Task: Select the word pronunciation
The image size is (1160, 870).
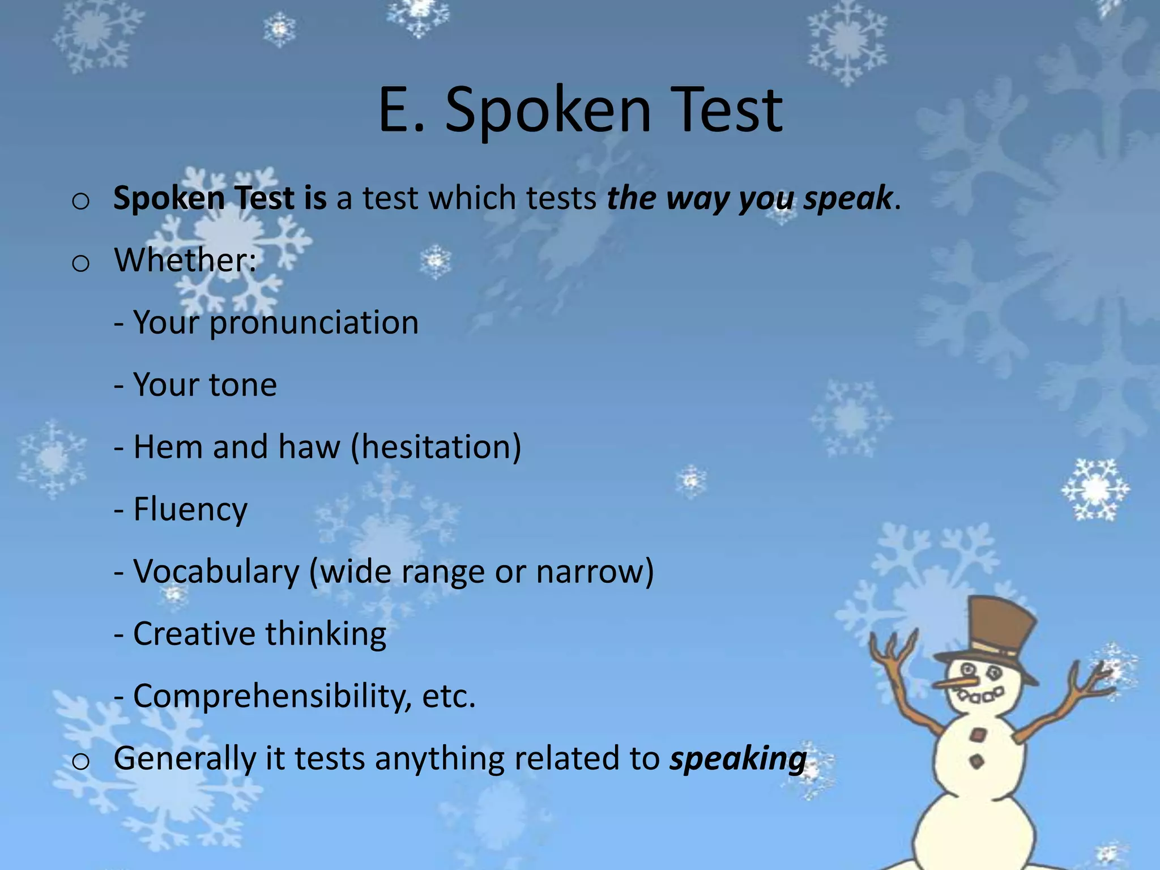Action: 314,323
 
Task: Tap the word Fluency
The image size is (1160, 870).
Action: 190,509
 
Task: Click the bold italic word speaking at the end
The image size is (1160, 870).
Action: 738,759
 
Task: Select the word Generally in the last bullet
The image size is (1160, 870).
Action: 185,759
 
